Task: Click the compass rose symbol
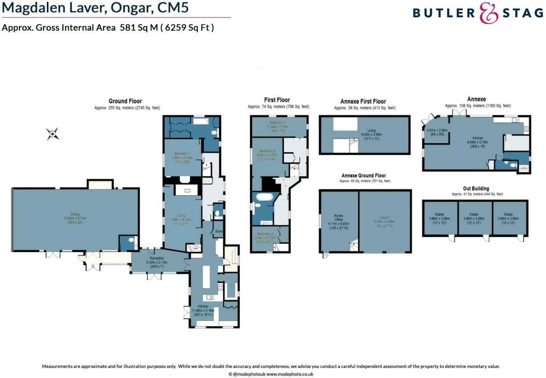point(53,134)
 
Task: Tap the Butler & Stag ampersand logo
point(488,13)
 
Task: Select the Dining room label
point(75,215)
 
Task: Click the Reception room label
point(157,258)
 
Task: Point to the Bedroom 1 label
point(182,154)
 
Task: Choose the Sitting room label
point(181,216)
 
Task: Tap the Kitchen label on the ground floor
point(203,306)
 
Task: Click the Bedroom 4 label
point(265,234)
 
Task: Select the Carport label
point(384,218)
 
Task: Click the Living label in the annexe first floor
point(371,131)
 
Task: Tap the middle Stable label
point(474,214)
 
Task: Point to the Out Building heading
point(476,188)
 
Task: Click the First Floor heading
point(277,100)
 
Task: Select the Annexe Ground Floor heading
point(363,175)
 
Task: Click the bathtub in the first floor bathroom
point(263,197)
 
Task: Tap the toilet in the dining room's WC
point(131,241)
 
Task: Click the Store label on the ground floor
point(219,231)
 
